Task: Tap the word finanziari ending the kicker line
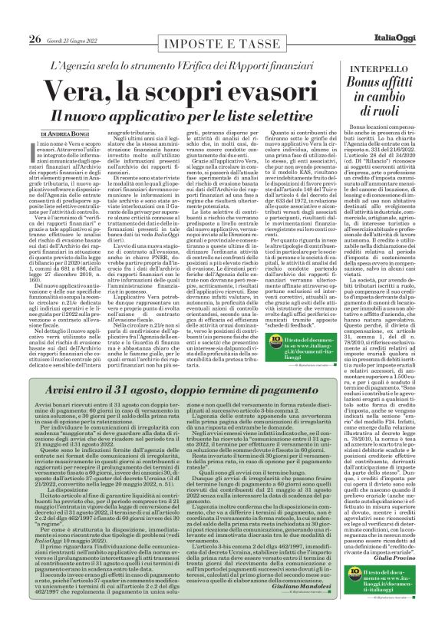coord(309,38)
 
